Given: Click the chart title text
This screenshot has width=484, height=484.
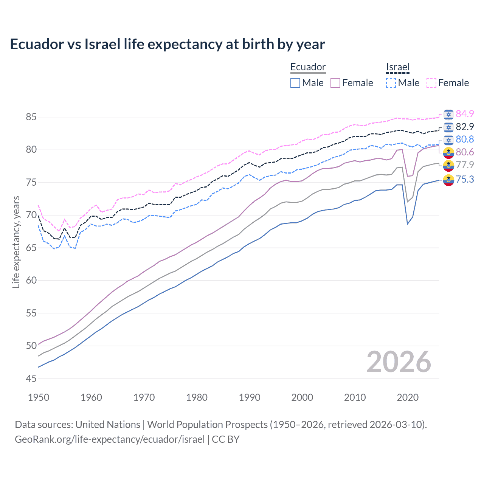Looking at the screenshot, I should point(167,44).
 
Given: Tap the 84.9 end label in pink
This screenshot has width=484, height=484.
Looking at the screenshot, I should point(465,114).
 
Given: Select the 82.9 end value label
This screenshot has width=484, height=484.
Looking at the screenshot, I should point(465,127).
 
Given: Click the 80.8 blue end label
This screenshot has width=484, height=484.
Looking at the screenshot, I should point(465,139).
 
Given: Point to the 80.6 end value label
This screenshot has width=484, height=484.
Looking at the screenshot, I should point(465,152).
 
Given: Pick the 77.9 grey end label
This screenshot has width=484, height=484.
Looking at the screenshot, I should point(465,165).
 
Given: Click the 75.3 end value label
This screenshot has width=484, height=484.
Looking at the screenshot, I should point(465,179).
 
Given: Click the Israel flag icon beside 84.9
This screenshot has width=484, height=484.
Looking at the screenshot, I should point(448,115).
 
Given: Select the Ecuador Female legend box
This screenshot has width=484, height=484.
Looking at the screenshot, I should point(335,83).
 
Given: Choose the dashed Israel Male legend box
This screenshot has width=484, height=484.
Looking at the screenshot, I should point(391,83).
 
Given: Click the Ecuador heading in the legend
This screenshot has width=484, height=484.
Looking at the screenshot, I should point(308,67).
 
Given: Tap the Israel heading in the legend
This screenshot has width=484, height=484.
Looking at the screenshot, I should point(398,67).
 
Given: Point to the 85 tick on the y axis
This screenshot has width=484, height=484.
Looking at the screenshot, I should point(31,117).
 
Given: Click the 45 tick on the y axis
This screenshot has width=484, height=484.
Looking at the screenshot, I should point(31,379).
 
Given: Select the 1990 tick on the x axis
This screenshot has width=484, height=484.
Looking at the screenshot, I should point(250,397).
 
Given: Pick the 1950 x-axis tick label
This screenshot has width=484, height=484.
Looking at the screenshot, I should point(39,397).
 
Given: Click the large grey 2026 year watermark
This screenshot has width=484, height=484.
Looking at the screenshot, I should point(399,362).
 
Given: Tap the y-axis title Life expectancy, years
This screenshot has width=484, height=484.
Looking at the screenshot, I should point(16,242).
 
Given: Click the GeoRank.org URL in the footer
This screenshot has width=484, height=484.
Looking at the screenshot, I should point(110,439).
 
